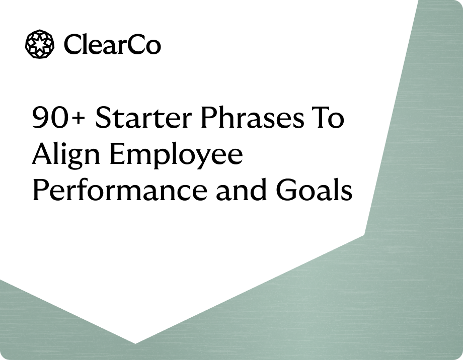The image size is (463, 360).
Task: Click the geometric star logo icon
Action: point(39,44)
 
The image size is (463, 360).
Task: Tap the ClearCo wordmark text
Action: point(112,45)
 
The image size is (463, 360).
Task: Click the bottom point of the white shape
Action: point(135,343)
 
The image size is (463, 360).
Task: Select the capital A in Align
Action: point(42,155)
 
